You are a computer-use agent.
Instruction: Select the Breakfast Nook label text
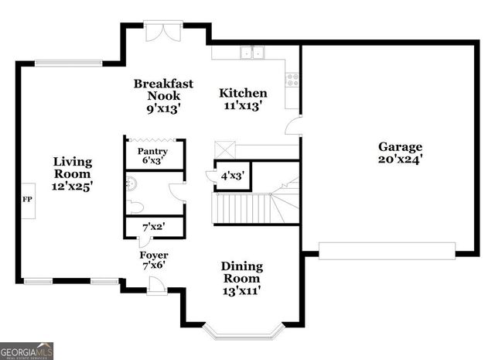tap(163, 96)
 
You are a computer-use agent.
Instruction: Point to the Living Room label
tap(73, 174)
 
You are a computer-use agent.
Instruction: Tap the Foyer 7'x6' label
tap(154, 261)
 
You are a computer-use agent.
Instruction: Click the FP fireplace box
tap(27, 200)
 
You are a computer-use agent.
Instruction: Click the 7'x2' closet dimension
tap(153, 228)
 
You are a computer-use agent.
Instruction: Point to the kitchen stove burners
tap(292, 78)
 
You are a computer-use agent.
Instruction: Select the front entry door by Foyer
tap(157, 286)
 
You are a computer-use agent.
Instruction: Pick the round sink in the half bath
tap(131, 183)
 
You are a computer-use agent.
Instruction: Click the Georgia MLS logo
tap(27, 351)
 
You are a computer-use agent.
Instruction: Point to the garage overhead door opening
tap(387, 251)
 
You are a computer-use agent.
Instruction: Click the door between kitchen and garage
tap(292, 127)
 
